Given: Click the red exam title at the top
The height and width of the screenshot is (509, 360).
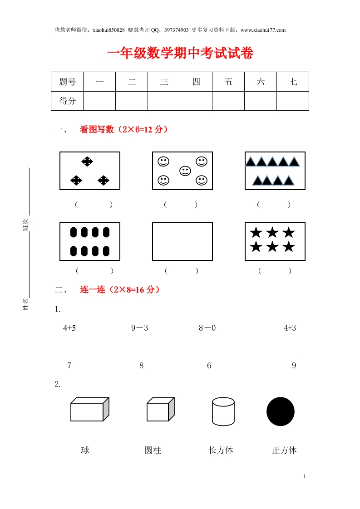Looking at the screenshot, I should (x=180, y=54).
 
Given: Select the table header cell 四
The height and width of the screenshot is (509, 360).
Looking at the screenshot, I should (x=196, y=82).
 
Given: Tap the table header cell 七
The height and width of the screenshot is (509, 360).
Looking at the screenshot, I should (x=293, y=82).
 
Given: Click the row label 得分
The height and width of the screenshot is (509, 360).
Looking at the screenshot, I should (x=67, y=101).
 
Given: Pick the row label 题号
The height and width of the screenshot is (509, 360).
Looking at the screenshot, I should (x=67, y=82).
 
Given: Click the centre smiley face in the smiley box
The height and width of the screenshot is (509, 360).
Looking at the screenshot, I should (x=185, y=171).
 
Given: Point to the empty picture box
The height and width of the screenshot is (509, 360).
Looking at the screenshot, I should (x=182, y=241).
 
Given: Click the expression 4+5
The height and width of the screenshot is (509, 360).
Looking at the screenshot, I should (x=69, y=328).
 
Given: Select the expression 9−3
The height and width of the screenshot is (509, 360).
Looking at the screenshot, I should (x=139, y=328).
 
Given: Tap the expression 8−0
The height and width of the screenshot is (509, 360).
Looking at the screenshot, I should (x=207, y=328).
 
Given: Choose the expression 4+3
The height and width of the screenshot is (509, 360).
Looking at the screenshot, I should (x=290, y=328).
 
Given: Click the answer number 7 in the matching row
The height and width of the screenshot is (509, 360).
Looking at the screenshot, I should (x=69, y=366).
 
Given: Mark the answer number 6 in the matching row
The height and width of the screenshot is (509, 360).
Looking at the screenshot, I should (x=209, y=366).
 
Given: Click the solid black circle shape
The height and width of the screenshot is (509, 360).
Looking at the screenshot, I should (x=281, y=411).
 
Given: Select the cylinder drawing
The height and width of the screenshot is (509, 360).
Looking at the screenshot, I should (x=223, y=411).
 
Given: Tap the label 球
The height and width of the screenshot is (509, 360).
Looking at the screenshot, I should (x=85, y=450).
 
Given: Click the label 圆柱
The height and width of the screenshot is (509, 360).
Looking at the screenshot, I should (x=153, y=450).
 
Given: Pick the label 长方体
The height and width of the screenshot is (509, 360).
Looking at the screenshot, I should (x=221, y=450).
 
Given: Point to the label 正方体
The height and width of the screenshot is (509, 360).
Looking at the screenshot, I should (x=284, y=450).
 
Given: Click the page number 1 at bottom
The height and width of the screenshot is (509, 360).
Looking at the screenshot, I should (x=305, y=477).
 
